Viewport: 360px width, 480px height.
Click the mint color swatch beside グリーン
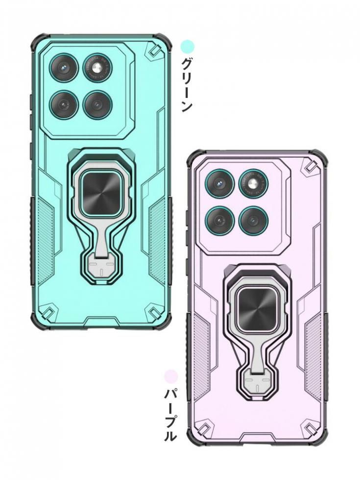pyautogui.click(x=187, y=47)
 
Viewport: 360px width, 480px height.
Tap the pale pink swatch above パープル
pyautogui.click(x=171, y=376)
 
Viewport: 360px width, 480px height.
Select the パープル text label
pyautogui.click(x=170, y=414)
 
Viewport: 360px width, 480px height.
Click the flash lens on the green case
pyautogui.click(x=98, y=68)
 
